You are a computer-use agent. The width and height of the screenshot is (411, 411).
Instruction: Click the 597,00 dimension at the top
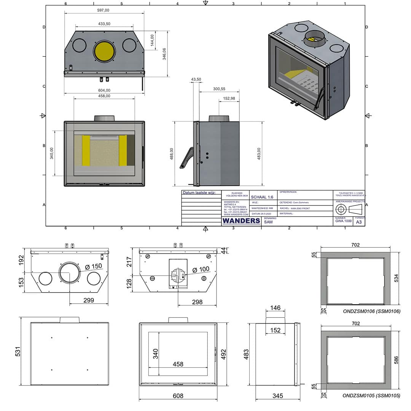(104, 10)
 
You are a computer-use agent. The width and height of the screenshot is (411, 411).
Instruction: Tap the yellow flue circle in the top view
(104, 51)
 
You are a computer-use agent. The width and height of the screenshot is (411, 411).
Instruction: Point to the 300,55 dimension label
(219, 89)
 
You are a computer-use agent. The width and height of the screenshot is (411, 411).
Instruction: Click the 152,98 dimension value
(229, 99)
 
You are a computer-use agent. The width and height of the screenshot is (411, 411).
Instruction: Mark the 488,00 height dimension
(172, 154)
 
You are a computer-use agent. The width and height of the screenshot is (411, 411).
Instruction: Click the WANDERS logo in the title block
(241, 221)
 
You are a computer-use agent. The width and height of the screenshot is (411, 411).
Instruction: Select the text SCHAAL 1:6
(262, 197)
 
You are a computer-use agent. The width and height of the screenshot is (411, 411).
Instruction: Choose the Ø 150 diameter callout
(91, 266)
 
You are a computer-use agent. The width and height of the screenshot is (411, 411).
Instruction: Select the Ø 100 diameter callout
(201, 269)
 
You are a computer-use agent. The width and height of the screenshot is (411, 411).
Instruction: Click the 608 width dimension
(178, 396)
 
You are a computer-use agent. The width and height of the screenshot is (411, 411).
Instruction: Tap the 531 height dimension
(18, 351)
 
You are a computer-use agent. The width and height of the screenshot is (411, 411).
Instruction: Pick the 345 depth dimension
(278, 396)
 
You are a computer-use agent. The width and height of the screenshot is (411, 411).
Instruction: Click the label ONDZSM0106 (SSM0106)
(371, 311)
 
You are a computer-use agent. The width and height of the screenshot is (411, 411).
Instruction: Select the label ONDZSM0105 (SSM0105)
(371, 396)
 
